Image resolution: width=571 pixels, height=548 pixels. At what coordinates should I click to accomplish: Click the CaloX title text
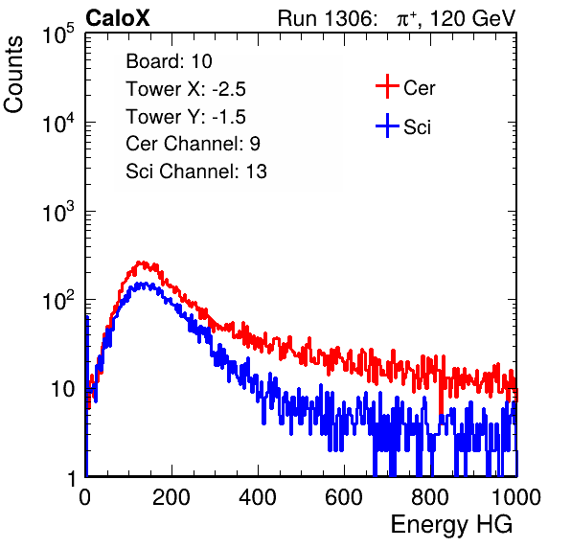point(118,18)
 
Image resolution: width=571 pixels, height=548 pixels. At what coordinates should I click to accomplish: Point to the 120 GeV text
point(472,18)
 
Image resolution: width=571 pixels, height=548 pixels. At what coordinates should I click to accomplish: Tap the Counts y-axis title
point(13,75)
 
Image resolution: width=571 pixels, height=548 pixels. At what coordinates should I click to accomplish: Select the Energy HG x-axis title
point(451,525)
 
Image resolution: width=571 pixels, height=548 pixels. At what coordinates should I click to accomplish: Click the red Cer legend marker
point(387,86)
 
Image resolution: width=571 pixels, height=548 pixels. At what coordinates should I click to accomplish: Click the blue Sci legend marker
point(387,126)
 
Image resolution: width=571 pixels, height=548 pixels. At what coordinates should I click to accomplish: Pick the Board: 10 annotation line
point(169,61)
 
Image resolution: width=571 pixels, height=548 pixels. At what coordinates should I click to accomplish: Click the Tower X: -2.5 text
point(186,89)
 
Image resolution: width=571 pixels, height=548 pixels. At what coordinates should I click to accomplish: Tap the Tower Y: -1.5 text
point(186,117)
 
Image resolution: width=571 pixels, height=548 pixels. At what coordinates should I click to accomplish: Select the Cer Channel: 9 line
point(193,144)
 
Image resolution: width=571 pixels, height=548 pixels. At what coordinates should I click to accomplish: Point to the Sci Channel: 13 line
point(196,171)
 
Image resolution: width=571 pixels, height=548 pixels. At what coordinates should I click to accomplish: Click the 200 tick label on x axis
point(171,497)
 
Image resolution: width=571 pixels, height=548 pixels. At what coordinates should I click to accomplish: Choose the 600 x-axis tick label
point(344,497)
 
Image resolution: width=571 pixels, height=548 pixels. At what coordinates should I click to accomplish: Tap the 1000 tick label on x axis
point(516,497)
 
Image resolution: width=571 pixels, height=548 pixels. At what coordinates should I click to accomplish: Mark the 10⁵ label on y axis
point(58,34)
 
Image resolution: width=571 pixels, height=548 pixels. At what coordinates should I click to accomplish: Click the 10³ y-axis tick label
point(58,212)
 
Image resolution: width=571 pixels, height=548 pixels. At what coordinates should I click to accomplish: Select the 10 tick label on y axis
point(63,389)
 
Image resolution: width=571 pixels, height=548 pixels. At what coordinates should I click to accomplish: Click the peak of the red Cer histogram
point(139,263)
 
